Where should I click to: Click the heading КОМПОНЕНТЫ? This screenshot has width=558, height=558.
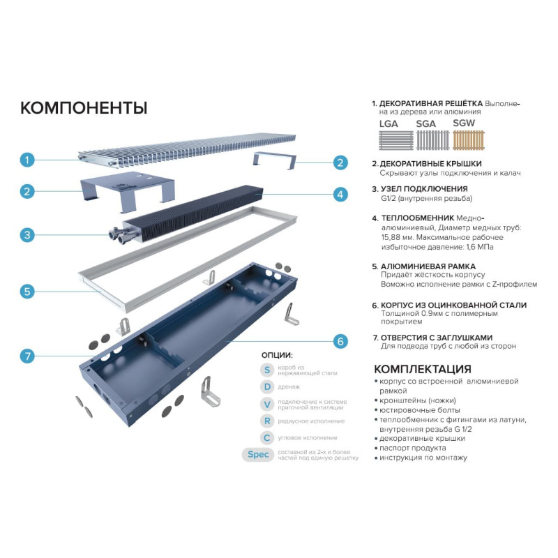click(x=84, y=108)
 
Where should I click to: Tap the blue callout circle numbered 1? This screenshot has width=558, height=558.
click(x=27, y=160)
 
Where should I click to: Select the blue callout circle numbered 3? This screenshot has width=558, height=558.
click(x=27, y=235)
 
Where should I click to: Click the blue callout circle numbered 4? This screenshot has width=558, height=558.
click(x=340, y=195)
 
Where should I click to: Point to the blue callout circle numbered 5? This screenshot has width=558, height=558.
click(x=27, y=292)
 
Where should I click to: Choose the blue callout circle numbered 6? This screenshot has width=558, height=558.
click(x=340, y=341)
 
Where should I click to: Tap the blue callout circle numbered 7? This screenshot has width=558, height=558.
click(x=27, y=356)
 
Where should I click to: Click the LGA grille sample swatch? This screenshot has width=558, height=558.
click(x=396, y=140)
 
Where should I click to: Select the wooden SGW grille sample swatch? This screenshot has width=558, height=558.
click(x=469, y=140)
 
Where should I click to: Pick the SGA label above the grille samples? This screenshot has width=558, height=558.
click(x=425, y=124)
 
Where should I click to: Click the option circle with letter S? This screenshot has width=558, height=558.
click(x=267, y=370)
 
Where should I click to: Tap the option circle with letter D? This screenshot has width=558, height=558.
click(x=267, y=387)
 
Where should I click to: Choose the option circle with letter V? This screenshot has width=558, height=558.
click(x=267, y=405)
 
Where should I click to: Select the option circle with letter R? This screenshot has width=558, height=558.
click(x=267, y=421)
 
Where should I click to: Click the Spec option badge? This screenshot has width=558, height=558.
click(x=258, y=455)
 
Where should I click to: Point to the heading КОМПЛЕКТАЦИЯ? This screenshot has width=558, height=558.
click(x=423, y=369)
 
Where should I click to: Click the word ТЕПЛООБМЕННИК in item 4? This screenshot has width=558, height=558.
click(x=417, y=218)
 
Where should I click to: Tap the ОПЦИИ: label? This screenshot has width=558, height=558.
click(x=277, y=355)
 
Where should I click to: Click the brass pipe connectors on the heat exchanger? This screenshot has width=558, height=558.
click(x=121, y=235)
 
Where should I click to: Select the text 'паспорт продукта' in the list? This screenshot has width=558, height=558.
click(x=412, y=448)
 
